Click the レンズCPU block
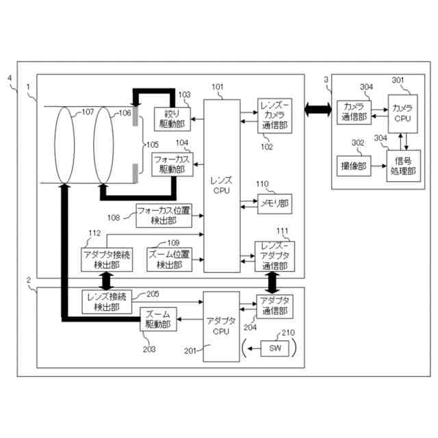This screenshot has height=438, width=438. (x=222, y=185)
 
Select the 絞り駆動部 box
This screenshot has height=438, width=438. (x=171, y=118)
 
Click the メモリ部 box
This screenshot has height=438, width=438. (x=274, y=203)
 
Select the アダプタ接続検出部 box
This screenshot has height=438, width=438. (x=105, y=259)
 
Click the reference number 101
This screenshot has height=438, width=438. (x=217, y=87)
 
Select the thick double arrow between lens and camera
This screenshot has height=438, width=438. (x=317, y=109)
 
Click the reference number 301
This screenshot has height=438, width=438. (x=398, y=80)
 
